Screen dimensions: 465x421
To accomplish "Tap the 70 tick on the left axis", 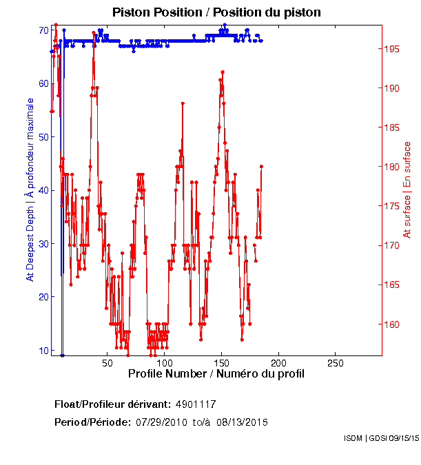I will [43, 30].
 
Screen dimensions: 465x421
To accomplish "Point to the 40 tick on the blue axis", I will [43, 190].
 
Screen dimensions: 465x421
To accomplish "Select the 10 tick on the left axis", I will [43, 350].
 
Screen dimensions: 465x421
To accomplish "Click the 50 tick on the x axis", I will [107, 362].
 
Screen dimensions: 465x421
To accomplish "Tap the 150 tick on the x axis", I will [221, 362].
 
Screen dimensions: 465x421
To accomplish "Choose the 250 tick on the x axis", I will [335, 362].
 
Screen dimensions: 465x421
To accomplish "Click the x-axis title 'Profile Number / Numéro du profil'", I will [216, 374].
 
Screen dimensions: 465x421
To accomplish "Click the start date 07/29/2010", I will [159, 422].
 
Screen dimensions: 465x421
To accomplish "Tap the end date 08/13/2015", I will [243, 422].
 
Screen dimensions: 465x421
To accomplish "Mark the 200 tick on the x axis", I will [278, 362].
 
